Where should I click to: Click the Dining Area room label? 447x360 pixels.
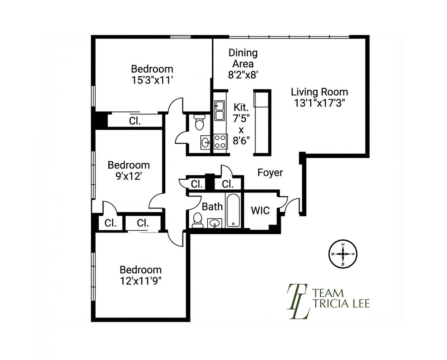click(x=243, y=58)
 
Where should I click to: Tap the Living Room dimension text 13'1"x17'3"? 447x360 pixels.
click(x=320, y=103)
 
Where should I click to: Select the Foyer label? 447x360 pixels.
click(x=270, y=173)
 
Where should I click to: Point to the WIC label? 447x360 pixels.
click(x=260, y=211)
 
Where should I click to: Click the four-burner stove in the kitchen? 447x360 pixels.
click(x=220, y=141)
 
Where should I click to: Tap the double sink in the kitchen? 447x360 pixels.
click(x=220, y=111)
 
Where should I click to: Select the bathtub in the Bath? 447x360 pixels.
click(x=233, y=211)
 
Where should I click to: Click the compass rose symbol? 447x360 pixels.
click(x=343, y=254)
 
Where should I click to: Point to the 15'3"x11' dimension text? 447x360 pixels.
click(x=153, y=80)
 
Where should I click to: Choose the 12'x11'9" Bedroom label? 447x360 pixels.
click(x=140, y=275)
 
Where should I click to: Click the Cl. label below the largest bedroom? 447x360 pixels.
click(x=135, y=121)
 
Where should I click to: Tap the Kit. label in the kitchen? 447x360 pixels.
click(x=241, y=107)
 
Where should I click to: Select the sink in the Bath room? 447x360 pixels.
click(x=215, y=224)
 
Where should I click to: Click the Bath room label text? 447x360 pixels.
click(x=212, y=207)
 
